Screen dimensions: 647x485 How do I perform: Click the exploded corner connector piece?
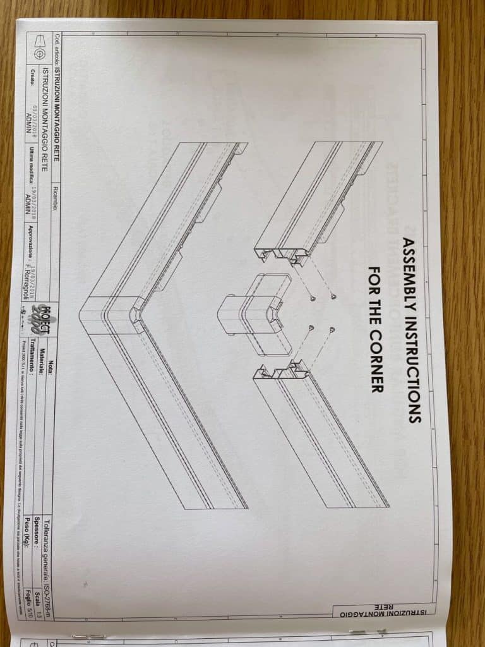[253, 310]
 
